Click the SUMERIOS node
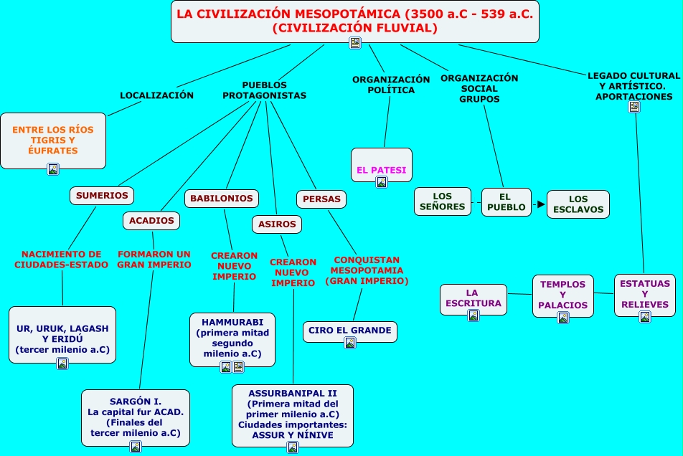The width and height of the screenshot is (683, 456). (101, 195)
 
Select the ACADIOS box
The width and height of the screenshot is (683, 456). (151, 221)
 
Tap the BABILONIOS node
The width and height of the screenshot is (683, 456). (221, 199)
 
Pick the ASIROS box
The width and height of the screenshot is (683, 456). (277, 224)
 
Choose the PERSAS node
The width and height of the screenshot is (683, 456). (321, 199)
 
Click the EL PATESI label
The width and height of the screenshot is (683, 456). (381, 170)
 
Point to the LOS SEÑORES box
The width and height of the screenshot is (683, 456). (443, 201)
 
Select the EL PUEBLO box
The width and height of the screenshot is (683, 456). (507, 202)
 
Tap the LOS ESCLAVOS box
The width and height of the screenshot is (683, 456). (578, 204)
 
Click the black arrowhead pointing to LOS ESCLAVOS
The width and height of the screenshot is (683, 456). (541, 204)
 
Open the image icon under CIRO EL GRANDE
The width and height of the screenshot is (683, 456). (350, 343)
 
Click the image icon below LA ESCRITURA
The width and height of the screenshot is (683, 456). (473, 315)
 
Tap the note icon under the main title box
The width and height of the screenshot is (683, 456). (355, 42)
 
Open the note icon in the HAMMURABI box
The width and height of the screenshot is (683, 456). (238, 367)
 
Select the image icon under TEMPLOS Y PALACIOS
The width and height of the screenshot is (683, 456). (562, 318)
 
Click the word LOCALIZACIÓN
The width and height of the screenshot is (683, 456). (157, 95)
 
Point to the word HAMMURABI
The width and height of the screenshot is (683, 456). (232, 323)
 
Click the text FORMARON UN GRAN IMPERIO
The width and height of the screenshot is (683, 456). (154, 260)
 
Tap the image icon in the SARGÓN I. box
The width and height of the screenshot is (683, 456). (136, 447)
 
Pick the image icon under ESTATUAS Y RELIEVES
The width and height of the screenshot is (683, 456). (645, 317)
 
